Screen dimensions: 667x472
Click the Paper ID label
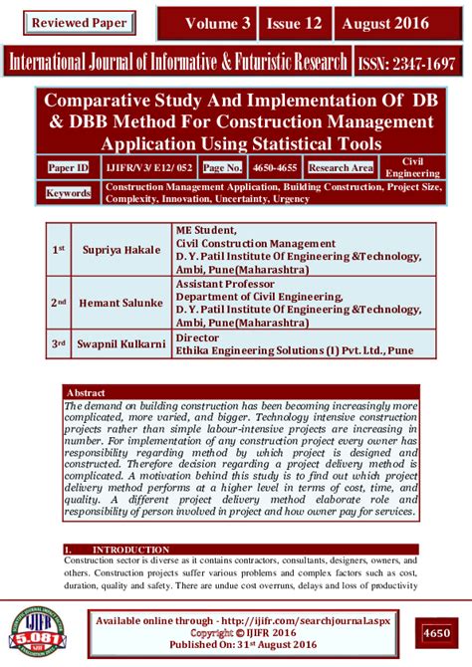coord(69,168)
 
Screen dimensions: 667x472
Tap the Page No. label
coord(223,168)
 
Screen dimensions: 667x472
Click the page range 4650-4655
coord(275,168)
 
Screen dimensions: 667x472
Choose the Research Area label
coord(341,168)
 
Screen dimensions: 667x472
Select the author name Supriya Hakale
coord(126,248)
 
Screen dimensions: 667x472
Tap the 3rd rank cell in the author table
coord(58,344)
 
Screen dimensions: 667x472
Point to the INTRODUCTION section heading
coord(124,549)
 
